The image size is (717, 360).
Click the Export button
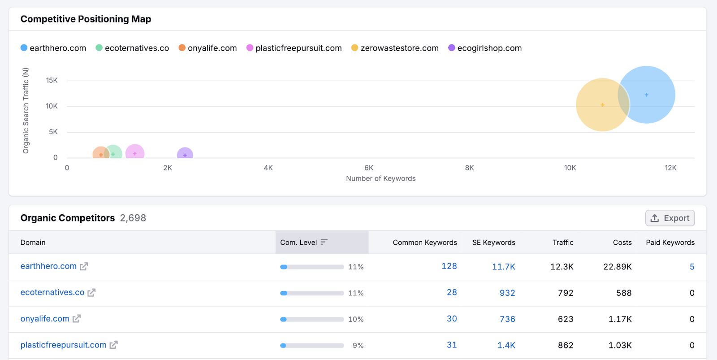click(670, 218)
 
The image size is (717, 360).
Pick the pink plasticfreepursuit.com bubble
click(135, 152)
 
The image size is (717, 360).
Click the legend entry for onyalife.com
click(207, 48)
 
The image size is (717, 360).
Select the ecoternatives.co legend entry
click(132, 48)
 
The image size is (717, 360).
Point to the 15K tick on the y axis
click(52, 81)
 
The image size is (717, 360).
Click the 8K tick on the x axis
click(469, 168)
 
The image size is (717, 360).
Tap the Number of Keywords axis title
click(380, 178)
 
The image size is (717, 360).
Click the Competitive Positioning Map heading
click(86, 19)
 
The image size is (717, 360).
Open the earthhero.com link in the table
click(48, 266)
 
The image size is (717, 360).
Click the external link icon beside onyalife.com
click(77, 319)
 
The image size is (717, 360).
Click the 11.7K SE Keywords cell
click(503, 267)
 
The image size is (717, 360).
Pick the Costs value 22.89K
click(617, 267)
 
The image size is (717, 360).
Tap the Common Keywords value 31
click(452, 345)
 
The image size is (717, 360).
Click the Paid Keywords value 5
click(691, 267)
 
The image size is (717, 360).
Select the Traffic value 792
click(565, 293)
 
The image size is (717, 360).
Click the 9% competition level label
click(358, 346)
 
